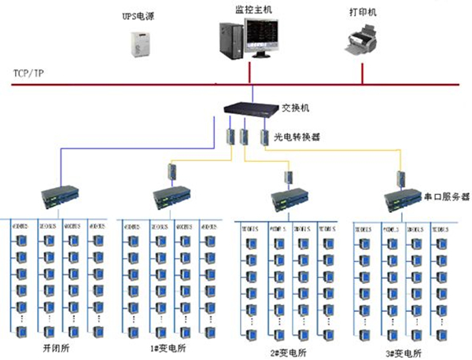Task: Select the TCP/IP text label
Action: coord(28,72)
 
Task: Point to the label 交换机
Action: coord(294,108)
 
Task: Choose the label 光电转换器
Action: coord(296,136)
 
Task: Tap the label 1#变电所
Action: coord(171,347)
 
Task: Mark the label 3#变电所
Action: coord(404,352)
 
